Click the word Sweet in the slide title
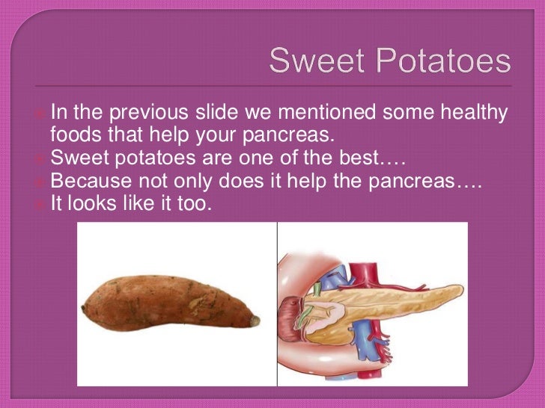pyautogui.click(x=311, y=61)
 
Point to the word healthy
pyautogui.click(x=469, y=114)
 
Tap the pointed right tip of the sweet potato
pyautogui.click(x=256, y=321)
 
